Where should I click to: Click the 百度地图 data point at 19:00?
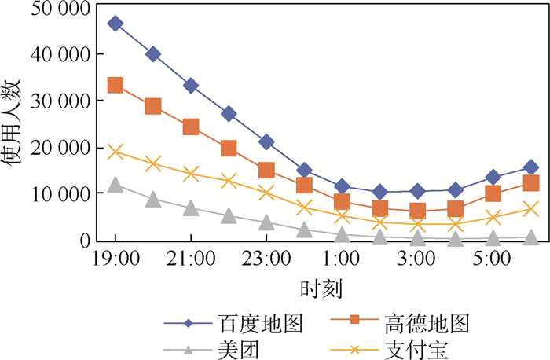[x=115, y=24]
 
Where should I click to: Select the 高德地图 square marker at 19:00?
[x=115, y=86]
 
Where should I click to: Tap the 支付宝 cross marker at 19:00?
[x=115, y=152]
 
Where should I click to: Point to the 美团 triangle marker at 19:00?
[x=115, y=186]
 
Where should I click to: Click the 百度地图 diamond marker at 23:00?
[x=266, y=142]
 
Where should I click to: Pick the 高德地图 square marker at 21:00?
[x=191, y=127]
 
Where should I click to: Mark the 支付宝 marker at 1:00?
[x=342, y=216]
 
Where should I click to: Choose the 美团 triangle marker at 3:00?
[x=417, y=237]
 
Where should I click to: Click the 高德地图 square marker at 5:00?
[x=493, y=194]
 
